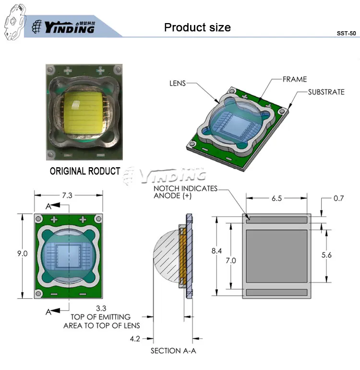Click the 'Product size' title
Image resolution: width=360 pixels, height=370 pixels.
coord(197,27)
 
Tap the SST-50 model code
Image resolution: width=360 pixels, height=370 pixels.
coord(346,33)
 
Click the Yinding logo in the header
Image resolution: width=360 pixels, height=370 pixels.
coord(63,27)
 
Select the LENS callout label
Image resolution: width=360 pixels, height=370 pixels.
coord(178,83)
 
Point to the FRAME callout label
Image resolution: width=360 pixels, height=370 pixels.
coord(295,79)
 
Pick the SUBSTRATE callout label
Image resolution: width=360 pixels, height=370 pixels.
coord(326,92)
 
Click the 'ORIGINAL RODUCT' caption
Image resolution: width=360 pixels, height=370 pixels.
coord(85,171)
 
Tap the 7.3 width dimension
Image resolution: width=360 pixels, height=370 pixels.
coord(67,196)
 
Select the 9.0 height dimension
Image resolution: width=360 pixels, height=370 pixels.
coord(23,254)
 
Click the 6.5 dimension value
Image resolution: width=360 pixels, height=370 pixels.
coord(276,198)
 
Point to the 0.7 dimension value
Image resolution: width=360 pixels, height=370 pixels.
coord(338,198)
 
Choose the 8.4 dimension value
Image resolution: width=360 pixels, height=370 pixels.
coord(216,251)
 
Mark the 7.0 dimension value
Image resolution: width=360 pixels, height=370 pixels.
coord(231,261)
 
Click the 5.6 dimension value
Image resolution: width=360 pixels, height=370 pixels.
coord(326,255)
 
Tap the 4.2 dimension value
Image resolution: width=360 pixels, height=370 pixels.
coord(135,339)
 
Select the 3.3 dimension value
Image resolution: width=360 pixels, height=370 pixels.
coord(101,308)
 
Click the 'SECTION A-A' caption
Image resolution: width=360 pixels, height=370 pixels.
coord(173,351)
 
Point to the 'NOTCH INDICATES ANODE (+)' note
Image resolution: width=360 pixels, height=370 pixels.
coord(186,192)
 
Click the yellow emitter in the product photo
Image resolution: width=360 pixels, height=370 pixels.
coord(84,112)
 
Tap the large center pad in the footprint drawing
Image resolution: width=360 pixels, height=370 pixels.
coord(277,256)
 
